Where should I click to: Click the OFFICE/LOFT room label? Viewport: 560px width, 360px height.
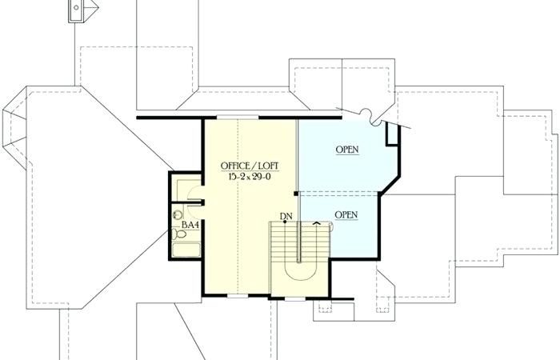[249, 166]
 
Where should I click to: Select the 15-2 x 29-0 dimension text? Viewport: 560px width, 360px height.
[249, 176]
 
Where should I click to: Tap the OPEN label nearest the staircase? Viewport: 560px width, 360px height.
[346, 214]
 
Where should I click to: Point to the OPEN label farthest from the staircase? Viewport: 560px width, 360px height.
[346, 150]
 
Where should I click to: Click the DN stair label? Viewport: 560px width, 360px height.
[286, 215]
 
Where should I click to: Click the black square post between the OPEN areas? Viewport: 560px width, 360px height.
[298, 193]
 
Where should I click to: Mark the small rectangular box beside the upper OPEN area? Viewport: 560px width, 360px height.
[391, 134]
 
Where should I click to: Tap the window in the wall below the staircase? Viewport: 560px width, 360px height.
[296, 298]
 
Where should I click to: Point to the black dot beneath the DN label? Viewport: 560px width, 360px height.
[285, 222]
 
